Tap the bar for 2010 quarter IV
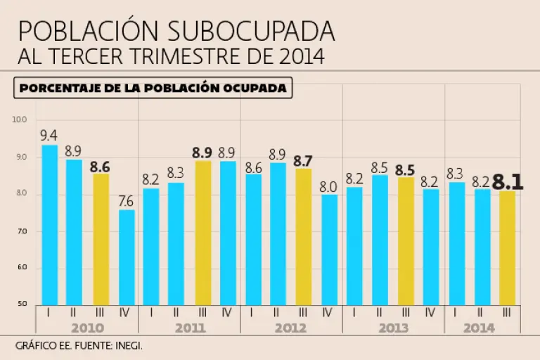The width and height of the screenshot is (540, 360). coord(127,257)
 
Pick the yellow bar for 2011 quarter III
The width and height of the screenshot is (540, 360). coord(202,233)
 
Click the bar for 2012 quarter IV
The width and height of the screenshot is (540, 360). coord(330,250)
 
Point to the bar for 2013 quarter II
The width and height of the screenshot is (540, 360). coord(380,240)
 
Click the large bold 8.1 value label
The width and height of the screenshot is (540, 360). coord(508,182)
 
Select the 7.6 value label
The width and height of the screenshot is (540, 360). coord(127,201)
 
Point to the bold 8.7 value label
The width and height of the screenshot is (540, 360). coord(304,161)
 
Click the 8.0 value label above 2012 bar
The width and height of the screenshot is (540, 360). coord(330,186)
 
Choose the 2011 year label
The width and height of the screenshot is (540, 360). coord(189,328)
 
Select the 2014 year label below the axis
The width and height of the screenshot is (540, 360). coord(479,328)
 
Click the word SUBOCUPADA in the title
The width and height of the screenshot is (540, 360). coord(252,31)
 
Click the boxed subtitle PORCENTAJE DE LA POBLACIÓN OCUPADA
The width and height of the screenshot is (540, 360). coord(153,88)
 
